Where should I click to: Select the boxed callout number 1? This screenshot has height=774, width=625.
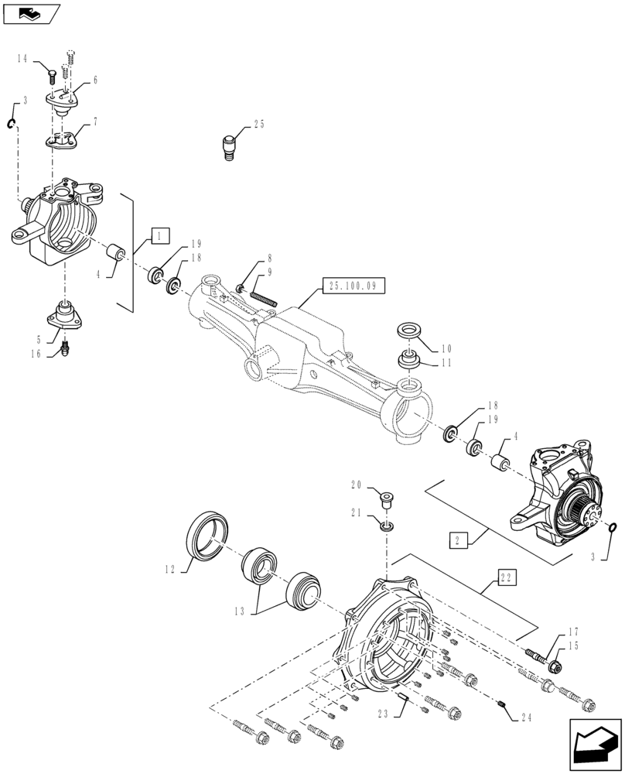point(158,235)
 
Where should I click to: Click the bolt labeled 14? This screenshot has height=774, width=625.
point(51,74)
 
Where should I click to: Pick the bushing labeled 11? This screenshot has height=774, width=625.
point(409,360)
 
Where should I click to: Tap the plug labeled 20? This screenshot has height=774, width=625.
point(384,497)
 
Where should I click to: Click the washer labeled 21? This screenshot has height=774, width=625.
point(386,526)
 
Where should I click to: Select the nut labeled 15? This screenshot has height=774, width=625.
point(555,664)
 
